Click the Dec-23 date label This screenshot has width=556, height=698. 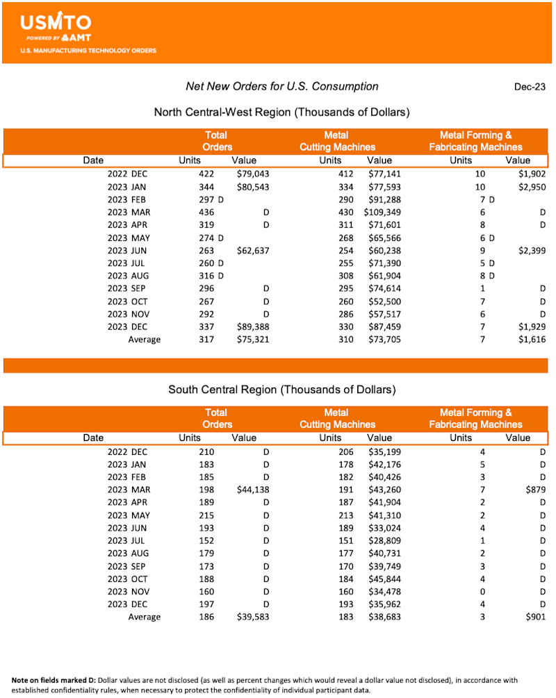pyautogui.click(x=530, y=87)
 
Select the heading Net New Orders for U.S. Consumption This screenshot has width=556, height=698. pyautogui.click(x=281, y=86)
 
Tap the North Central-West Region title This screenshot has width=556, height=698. pyautogui.click(x=281, y=112)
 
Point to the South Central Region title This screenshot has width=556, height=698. pyautogui.click(x=281, y=389)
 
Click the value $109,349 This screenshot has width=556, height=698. pyautogui.click(x=382, y=212)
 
